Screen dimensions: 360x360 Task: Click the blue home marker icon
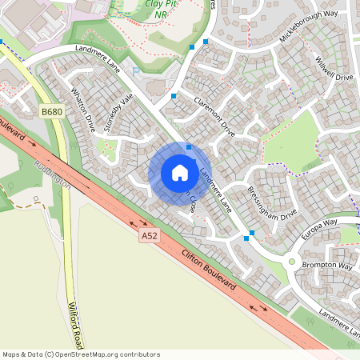tap(180, 173)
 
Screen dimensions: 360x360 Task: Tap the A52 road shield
tap(150, 236)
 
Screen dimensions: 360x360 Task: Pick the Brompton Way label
tap(333, 266)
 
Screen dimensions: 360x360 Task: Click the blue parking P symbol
tap(135, 71)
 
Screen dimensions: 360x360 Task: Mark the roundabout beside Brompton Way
tap(292, 262)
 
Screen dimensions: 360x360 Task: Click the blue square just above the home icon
tap(189, 147)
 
